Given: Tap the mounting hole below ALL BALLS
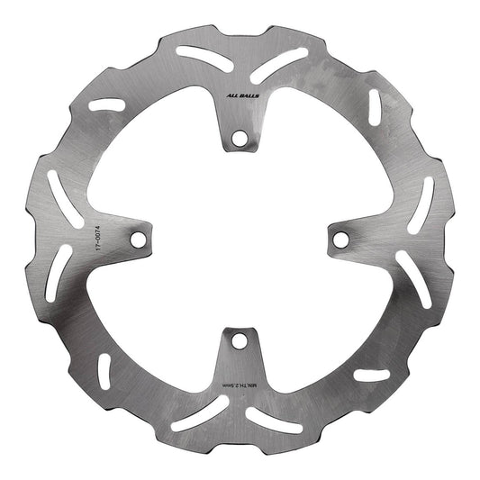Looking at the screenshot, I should [240, 139].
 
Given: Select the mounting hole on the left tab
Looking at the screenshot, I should [137, 240].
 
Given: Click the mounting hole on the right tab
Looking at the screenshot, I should [341, 239].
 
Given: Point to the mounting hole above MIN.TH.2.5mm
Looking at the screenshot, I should [240, 341].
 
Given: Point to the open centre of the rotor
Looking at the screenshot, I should [240, 240].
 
